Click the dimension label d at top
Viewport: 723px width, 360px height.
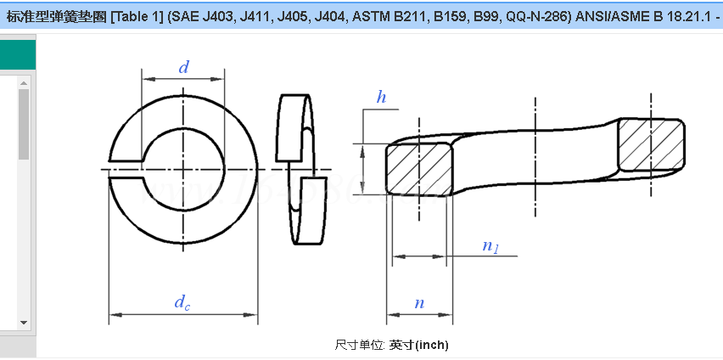coord(183,68)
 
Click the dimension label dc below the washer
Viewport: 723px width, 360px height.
coord(182,301)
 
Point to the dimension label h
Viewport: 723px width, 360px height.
coord(382,98)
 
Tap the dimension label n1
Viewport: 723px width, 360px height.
coord(490,246)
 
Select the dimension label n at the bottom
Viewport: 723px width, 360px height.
coord(419,303)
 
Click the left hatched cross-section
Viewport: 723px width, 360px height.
coord(418,169)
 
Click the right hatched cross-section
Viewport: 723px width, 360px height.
coord(650,143)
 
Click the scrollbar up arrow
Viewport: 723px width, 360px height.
coord(24,82)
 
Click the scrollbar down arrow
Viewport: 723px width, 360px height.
coord(24,323)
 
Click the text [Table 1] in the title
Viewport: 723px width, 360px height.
coord(138,16)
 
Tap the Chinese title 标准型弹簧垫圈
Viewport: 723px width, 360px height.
coord(57,16)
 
